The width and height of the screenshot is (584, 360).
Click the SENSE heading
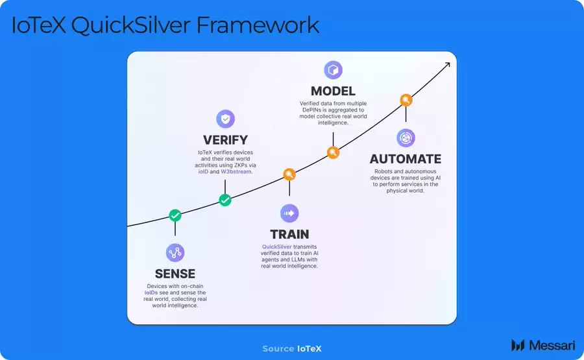click(x=175, y=273)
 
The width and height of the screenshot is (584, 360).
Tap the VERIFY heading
click(x=225, y=139)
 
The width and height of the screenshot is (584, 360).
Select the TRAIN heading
click(x=289, y=234)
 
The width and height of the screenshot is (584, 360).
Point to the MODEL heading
click(x=333, y=91)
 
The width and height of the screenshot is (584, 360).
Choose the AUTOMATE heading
click(x=406, y=159)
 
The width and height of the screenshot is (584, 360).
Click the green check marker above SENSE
click(x=175, y=215)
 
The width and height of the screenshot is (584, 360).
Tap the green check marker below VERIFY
click(x=225, y=200)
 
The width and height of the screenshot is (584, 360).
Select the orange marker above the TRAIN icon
click(x=289, y=174)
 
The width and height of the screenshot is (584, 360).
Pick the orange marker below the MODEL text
click(x=333, y=153)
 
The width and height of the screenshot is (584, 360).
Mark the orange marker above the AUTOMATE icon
click(x=406, y=100)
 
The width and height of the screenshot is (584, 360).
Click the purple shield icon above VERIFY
click(x=225, y=119)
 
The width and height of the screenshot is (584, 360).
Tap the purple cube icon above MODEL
click(x=333, y=70)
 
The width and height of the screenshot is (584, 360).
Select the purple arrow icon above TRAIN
click(x=289, y=213)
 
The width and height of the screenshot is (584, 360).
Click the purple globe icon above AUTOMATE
click(x=406, y=138)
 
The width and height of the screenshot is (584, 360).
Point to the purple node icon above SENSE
click(x=175, y=252)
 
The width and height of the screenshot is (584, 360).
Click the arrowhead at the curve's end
click(x=447, y=65)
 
